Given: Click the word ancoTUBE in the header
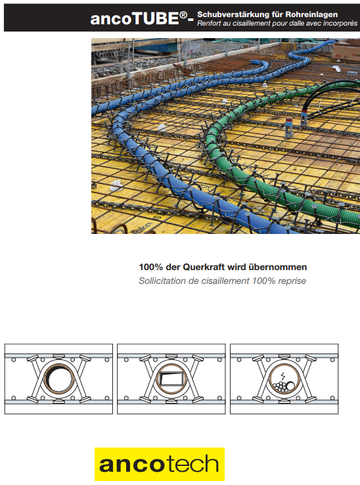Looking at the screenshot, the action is (135, 18).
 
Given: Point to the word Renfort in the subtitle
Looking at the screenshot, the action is (208, 24).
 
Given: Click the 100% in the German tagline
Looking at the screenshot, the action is (150, 267).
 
